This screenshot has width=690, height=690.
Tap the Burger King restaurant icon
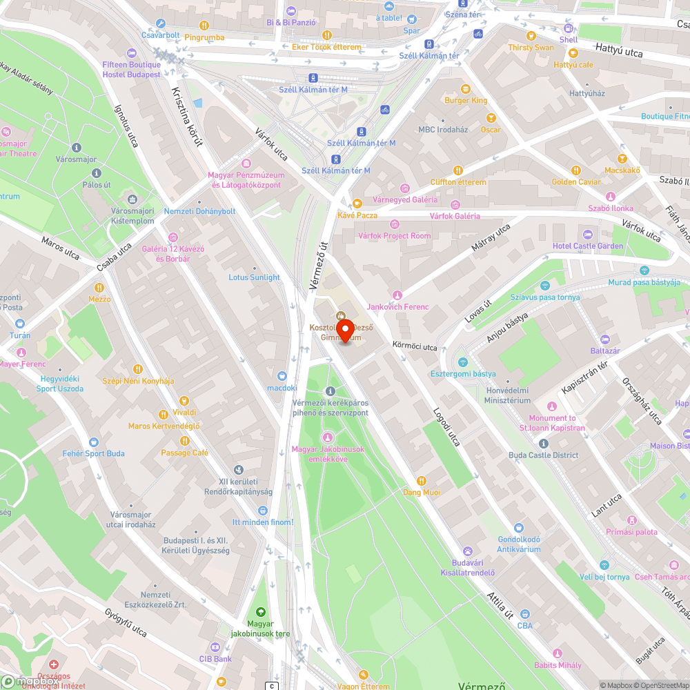(x=465, y=89)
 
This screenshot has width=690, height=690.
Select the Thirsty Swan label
(x=531, y=48)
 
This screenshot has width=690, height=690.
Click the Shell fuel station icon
(x=569, y=28)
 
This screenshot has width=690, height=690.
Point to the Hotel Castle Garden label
(x=587, y=246)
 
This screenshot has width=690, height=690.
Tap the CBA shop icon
(x=525, y=614)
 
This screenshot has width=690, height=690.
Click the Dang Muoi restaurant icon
(x=422, y=481)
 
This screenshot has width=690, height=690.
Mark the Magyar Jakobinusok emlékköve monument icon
(x=328, y=437)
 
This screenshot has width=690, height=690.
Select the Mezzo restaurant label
(x=99, y=299)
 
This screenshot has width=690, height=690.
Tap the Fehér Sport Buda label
(x=93, y=453)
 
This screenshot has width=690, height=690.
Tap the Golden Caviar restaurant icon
(x=575, y=170)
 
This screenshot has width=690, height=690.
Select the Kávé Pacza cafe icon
(x=357, y=204)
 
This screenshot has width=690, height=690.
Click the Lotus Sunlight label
(x=254, y=277)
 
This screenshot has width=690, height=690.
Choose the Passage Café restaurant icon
(x=184, y=441)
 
